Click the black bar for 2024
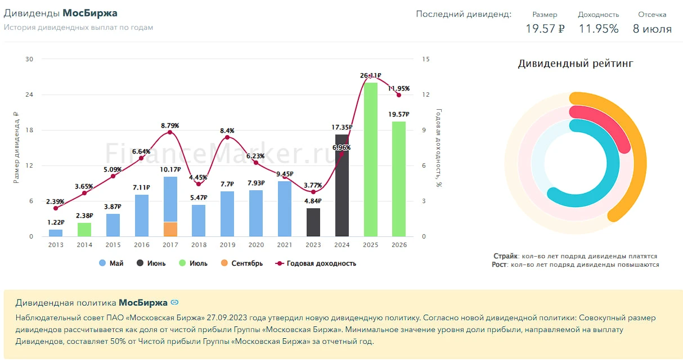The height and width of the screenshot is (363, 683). click(342, 185)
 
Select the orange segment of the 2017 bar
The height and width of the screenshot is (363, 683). click(170, 229)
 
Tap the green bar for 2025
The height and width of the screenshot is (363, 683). click(370, 159)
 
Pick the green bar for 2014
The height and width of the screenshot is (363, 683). click(84, 230)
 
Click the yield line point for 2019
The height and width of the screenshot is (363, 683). click(227, 137)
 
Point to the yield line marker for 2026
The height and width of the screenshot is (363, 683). click(399, 95)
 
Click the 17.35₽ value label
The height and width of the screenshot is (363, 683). click(342, 127)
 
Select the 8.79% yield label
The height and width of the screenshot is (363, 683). click(170, 126)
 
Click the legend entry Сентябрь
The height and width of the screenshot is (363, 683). click(241, 263)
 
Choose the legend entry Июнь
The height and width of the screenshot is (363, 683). click(151, 263)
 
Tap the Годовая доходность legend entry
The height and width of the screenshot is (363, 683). click(316, 263)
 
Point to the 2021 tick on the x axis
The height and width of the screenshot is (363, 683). click(285, 245)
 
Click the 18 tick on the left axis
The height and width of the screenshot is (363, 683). click(29, 130)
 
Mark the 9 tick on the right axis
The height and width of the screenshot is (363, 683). click(424, 130)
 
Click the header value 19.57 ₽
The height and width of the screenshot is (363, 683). click(545, 29)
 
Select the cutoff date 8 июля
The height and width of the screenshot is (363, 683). click(652, 29)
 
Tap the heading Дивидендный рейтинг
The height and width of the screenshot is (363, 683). click(576, 64)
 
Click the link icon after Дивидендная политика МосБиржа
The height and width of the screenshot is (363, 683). click(174, 302)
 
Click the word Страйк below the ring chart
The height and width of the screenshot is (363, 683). click(505, 256)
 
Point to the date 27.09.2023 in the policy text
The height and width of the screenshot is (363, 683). click(227, 317)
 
